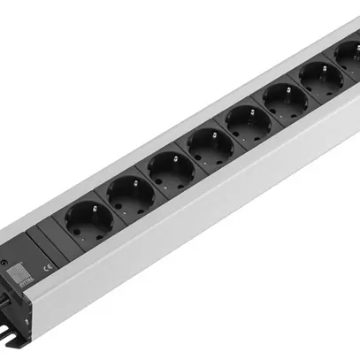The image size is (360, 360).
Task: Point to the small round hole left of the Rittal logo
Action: [7, 265]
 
